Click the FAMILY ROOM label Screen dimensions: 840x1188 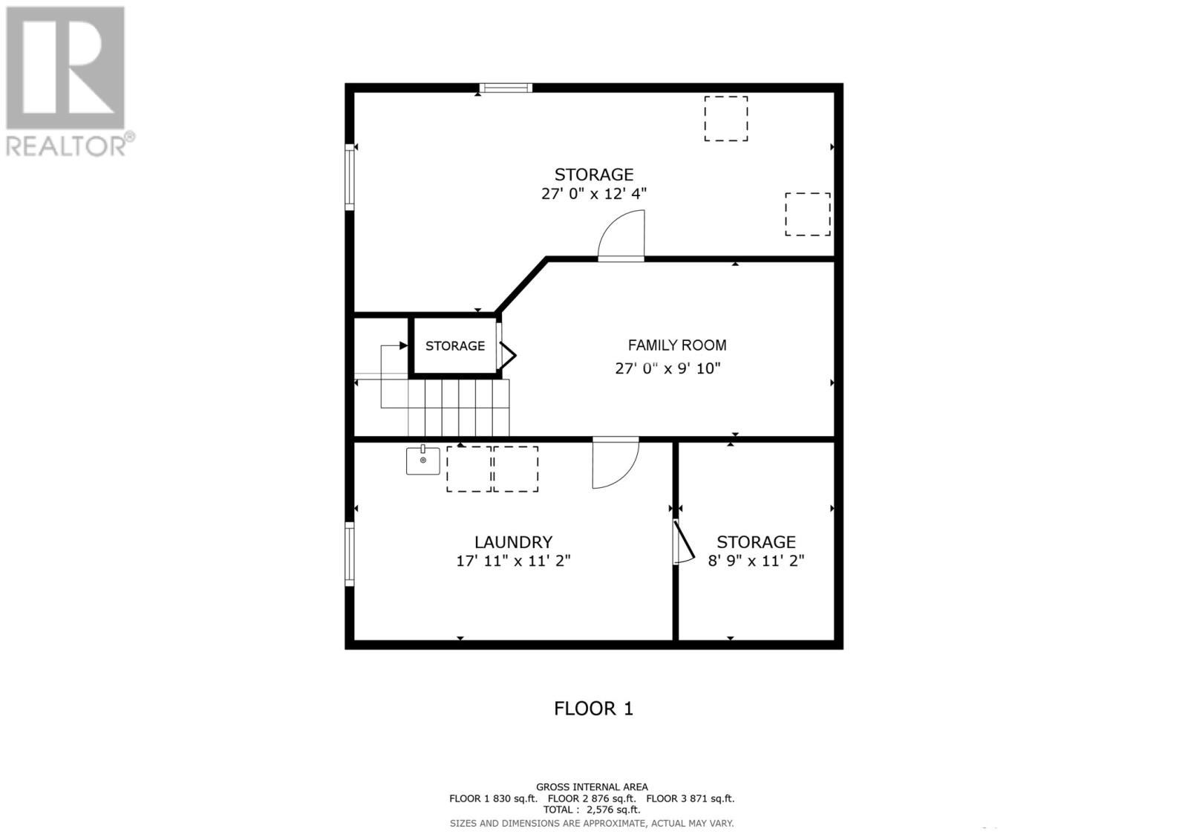click(x=676, y=345)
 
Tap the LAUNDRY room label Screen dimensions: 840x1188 click(x=513, y=542)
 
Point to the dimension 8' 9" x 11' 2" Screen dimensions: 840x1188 click(x=756, y=561)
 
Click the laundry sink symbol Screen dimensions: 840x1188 click(x=422, y=460)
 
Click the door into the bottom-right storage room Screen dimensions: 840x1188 click(x=683, y=541)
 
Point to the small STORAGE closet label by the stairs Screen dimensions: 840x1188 click(x=454, y=346)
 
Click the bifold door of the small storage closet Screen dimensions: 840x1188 click(x=506, y=355)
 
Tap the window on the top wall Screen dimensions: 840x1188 click(x=506, y=88)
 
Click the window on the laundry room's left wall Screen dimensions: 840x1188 click(x=349, y=553)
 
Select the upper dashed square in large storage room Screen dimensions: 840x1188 click(x=725, y=118)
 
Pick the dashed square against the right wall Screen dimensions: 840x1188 click(x=808, y=214)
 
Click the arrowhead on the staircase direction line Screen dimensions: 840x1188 click(x=403, y=345)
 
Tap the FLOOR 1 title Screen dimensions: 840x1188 click(x=593, y=709)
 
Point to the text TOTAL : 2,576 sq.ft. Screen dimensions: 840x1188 click(x=591, y=810)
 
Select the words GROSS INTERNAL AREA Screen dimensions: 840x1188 click(x=592, y=787)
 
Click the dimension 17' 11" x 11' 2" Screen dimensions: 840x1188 click(x=513, y=561)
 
